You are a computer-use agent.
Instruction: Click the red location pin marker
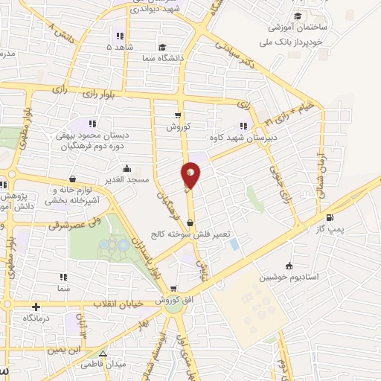click(190, 175)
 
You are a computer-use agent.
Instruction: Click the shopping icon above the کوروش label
click(177, 115)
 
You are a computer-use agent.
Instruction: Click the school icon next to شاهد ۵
click(119, 35)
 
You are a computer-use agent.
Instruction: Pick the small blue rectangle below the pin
click(234, 243)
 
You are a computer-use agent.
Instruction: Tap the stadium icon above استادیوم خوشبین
click(289, 266)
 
